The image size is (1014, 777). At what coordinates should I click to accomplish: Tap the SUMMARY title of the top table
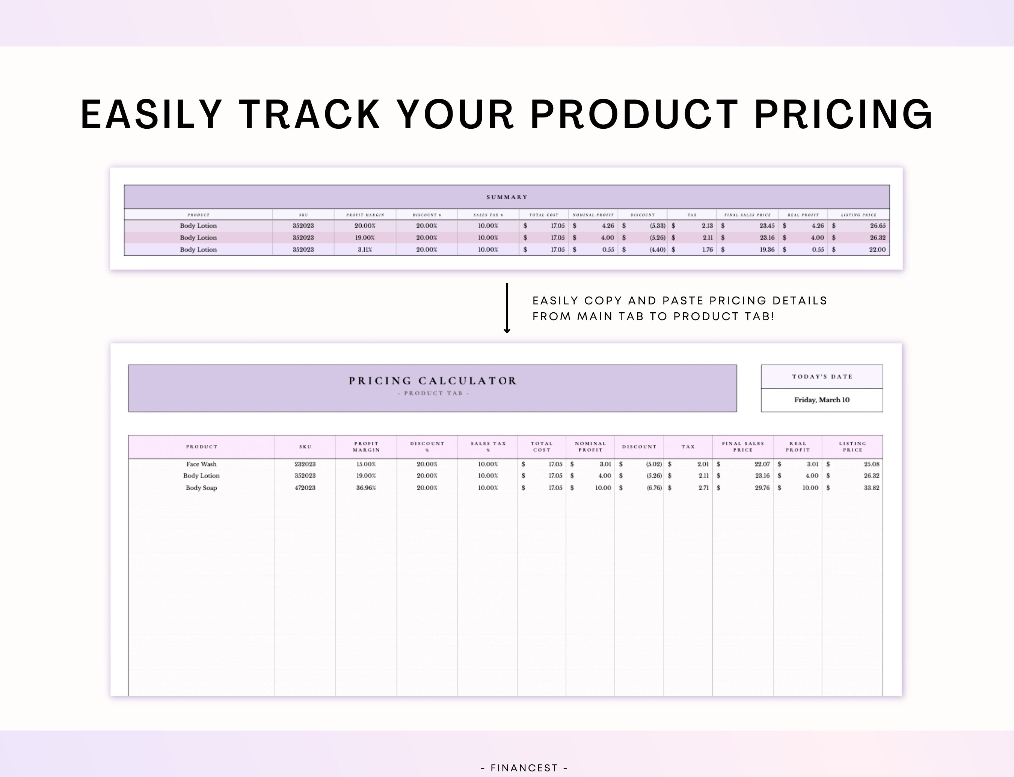pyautogui.click(x=507, y=197)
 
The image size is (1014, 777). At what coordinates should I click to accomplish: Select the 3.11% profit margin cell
pyautogui.click(x=365, y=249)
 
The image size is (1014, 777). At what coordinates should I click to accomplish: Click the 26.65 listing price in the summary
pyautogui.click(x=877, y=226)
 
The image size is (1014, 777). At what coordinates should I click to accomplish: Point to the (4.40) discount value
pyautogui.click(x=657, y=249)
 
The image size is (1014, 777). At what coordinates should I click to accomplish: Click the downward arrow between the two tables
pyautogui.click(x=507, y=309)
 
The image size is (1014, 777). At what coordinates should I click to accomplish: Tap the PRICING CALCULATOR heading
pyautogui.click(x=433, y=381)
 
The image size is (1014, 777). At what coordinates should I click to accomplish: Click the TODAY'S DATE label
pyautogui.click(x=822, y=376)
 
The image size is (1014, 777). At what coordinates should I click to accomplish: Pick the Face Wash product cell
pyautogui.click(x=201, y=464)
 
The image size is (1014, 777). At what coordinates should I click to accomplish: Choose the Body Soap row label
pyautogui.click(x=201, y=488)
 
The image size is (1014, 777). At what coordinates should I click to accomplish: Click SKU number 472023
pyautogui.click(x=305, y=488)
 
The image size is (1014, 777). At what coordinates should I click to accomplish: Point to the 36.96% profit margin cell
pyautogui.click(x=366, y=488)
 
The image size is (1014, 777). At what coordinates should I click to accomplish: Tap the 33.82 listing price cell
pyautogui.click(x=871, y=488)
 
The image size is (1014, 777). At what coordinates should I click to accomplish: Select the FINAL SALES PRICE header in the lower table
pyautogui.click(x=743, y=446)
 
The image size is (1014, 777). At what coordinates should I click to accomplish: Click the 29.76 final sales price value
pyautogui.click(x=762, y=488)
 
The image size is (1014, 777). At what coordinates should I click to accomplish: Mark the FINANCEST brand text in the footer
pyautogui.click(x=524, y=768)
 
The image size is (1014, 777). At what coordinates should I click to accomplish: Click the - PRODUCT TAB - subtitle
pyautogui.click(x=433, y=393)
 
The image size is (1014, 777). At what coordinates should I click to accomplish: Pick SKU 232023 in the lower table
pyautogui.click(x=305, y=464)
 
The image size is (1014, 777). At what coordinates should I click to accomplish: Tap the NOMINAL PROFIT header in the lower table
pyautogui.click(x=590, y=446)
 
